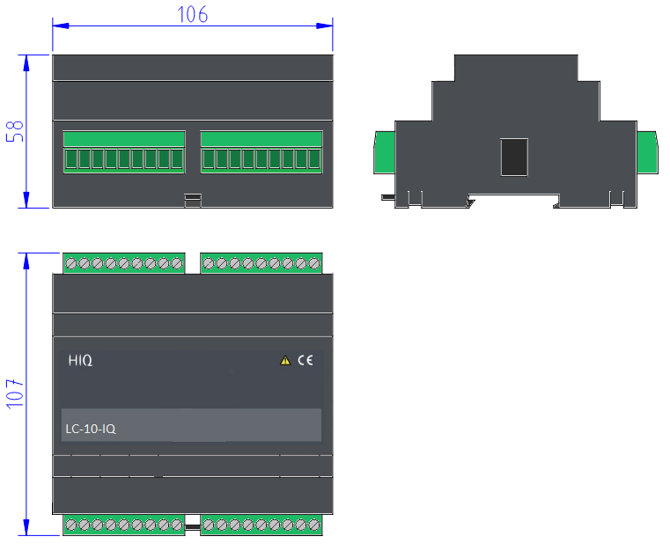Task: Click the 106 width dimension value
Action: coord(192,14)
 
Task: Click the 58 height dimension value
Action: coord(15,131)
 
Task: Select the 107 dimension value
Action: coord(15,393)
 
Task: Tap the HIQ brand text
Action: coord(80,360)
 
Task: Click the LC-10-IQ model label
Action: coord(91,429)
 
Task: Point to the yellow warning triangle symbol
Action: coord(285,361)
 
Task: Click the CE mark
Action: coord(306,360)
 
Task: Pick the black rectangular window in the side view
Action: coord(514,157)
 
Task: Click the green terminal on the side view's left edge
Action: coord(385,152)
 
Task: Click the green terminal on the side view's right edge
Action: coord(647,152)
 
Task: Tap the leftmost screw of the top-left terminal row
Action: coord(71,263)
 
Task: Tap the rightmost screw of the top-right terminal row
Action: coord(314,263)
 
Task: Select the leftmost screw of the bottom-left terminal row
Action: coord(71,525)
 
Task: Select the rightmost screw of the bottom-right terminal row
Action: coord(314,525)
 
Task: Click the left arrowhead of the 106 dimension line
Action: coord(61,26)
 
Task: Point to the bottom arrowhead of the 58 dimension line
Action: coord(26,200)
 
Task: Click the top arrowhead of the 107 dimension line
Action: coord(26,261)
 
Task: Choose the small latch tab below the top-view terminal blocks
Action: coord(193,201)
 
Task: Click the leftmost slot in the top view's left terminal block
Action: coord(71,159)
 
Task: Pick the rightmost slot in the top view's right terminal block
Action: coord(314,159)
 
